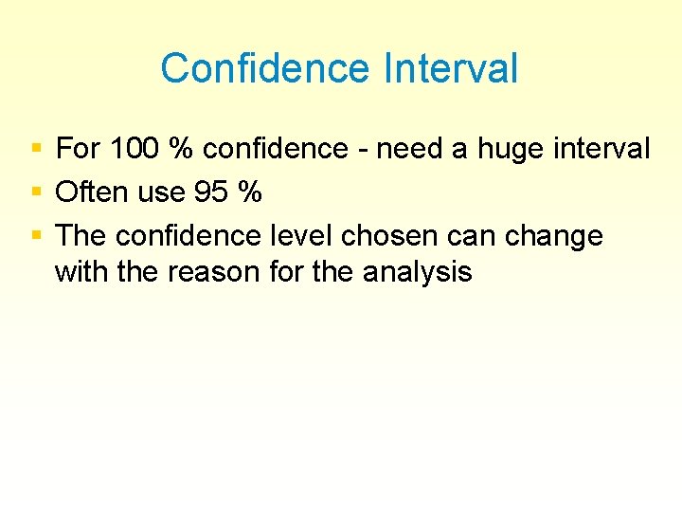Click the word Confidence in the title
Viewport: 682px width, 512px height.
pos(264,69)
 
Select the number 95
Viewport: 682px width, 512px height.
pos(211,192)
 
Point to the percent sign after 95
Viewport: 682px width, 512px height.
pos(249,192)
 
